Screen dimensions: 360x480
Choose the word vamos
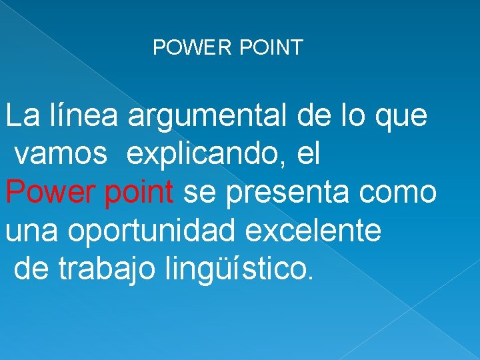point(60,155)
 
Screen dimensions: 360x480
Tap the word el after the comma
point(309,154)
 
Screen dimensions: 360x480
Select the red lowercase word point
point(137,194)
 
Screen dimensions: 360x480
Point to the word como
point(400,194)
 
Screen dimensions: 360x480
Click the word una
point(32,231)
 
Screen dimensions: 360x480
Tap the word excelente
point(313,231)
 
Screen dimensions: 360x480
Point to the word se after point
point(197,194)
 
